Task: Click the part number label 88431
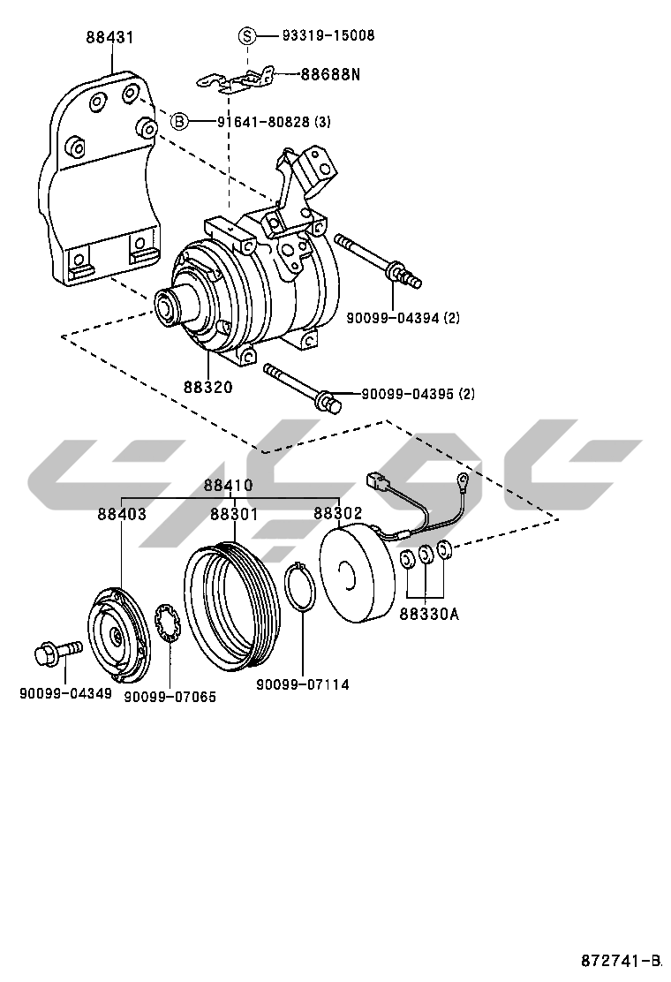[110, 38]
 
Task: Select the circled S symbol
[248, 35]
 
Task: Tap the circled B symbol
[179, 121]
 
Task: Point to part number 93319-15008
[328, 35]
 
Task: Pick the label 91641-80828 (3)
[274, 121]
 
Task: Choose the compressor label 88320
[208, 387]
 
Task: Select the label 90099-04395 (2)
[417, 394]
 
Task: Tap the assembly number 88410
[228, 485]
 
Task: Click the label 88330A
[428, 614]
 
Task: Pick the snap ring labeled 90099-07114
[303, 586]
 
